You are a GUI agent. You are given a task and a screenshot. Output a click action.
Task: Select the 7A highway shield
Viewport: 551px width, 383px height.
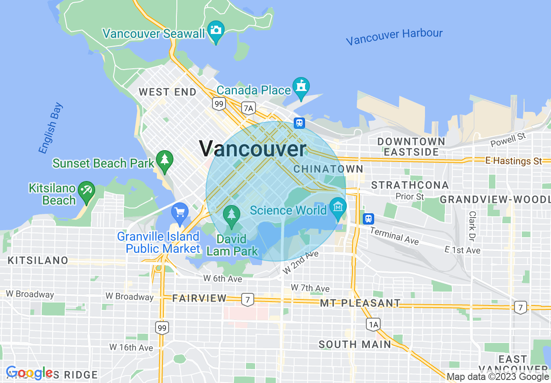[248, 108]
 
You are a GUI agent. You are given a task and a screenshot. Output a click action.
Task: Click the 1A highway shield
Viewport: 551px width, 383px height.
[373, 324]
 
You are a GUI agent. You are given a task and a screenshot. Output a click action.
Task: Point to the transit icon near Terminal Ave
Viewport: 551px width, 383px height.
[368, 218]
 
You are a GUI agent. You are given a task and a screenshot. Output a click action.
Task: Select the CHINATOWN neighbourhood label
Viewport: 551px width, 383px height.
[328, 169]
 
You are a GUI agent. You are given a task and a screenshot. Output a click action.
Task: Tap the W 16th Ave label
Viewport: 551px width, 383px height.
[131, 347]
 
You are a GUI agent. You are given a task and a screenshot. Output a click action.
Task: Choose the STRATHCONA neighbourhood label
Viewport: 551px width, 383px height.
[410, 185]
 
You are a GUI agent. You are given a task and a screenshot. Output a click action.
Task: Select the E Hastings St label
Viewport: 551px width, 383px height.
[514, 161]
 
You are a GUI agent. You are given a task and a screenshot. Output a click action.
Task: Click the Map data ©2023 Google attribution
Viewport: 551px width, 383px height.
[498, 377]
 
